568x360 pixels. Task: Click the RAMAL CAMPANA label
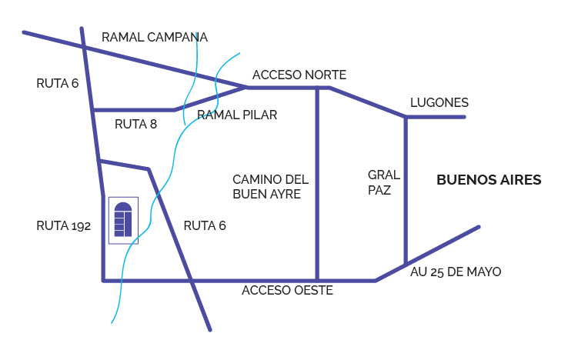pyautogui.click(x=155, y=37)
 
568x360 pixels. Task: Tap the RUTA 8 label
pyautogui.click(x=135, y=124)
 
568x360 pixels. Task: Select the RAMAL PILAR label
pyautogui.click(x=237, y=115)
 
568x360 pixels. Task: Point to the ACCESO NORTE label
pyautogui.click(x=299, y=75)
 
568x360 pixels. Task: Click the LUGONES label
pyautogui.click(x=439, y=102)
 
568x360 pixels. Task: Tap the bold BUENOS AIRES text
pyautogui.click(x=489, y=180)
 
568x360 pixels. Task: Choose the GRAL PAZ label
pyautogui.click(x=380, y=182)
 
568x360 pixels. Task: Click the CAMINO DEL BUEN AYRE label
pyautogui.click(x=270, y=187)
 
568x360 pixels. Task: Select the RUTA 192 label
pyautogui.click(x=64, y=226)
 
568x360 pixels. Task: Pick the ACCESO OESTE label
pyautogui.click(x=287, y=291)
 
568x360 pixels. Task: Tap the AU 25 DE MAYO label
pyautogui.click(x=456, y=272)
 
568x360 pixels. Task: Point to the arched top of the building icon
pyautogui.click(x=123, y=205)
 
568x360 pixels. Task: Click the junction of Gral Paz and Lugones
pyautogui.click(x=406, y=117)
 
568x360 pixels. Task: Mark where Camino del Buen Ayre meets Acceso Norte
pyautogui.click(x=317, y=88)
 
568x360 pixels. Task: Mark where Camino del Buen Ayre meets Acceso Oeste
pyautogui.click(x=317, y=280)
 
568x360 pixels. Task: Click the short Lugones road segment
pyautogui.click(x=436, y=117)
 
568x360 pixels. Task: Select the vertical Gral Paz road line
pyautogui.click(x=406, y=192)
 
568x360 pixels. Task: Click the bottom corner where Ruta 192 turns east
pyautogui.click(x=104, y=280)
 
